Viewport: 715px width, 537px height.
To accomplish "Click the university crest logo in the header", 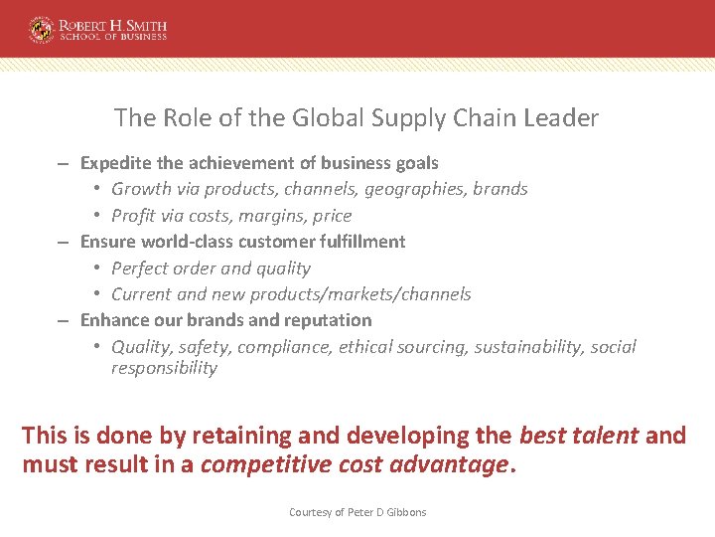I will pyautogui.click(x=41, y=28).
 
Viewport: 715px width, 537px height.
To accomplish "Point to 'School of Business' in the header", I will pyautogui.click(x=112, y=37).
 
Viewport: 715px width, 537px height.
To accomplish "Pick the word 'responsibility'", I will pyautogui.click(x=164, y=368).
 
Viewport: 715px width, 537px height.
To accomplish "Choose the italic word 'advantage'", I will pyautogui.click(x=450, y=464).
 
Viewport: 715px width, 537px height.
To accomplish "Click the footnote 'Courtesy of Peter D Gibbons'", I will pyautogui.click(x=357, y=512).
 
